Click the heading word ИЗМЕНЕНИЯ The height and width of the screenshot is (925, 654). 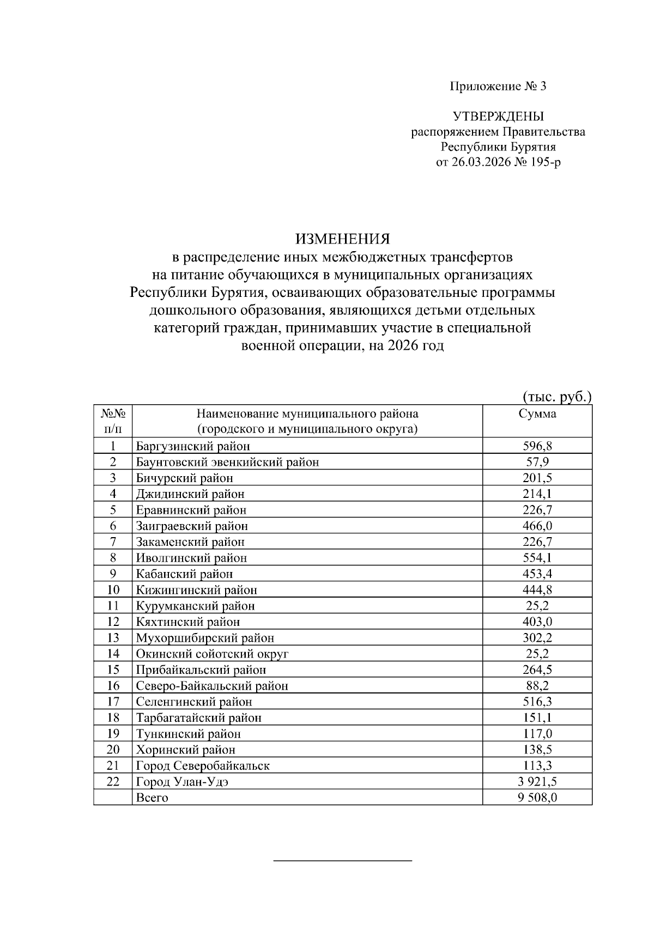(343, 239)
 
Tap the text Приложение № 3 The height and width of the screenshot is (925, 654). (498, 86)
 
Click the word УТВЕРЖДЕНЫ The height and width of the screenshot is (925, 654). (498, 116)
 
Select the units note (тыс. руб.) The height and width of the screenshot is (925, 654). (556, 397)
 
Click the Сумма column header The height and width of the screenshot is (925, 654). (537, 413)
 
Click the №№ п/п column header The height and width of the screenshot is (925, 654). (113, 421)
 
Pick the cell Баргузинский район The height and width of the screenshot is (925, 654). (193, 446)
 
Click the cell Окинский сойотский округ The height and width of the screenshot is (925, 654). (212, 654)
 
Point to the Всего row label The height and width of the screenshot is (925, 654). (152, 798)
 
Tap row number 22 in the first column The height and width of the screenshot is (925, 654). (113, 781)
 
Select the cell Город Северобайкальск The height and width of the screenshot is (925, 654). (203, 765)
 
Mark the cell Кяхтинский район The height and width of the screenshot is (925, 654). (188, 622)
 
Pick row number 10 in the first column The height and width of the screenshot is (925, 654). (113, 589)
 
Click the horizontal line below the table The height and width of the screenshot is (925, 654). (342, 861)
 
